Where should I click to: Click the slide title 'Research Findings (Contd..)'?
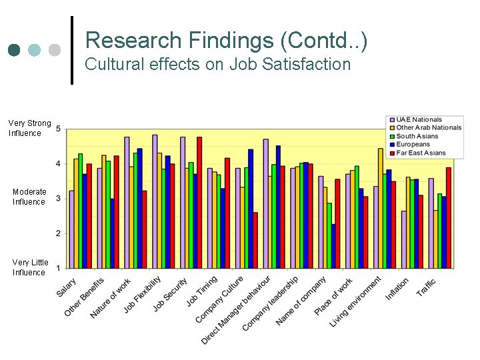coord(226,41)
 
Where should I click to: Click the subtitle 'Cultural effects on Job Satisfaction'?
coord(218,65)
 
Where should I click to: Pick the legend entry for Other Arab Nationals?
coord(428,128)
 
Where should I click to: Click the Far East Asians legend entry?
coord(421,153)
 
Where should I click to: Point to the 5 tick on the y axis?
coord(59,128)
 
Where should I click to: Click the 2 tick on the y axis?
coord(59,233)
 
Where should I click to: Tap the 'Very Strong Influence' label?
coord(29,128)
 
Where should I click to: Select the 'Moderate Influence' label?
coord(29,197)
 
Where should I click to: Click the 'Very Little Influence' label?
coord(29,267)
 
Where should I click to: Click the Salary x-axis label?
coord(67,287)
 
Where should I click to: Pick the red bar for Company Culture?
coord(255,240)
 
